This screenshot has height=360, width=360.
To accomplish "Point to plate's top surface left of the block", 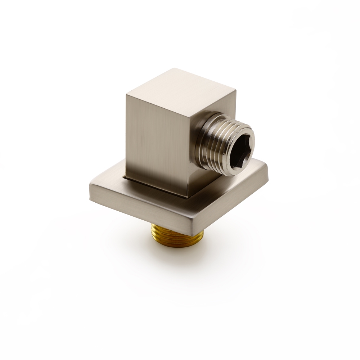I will tap(108, 184).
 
